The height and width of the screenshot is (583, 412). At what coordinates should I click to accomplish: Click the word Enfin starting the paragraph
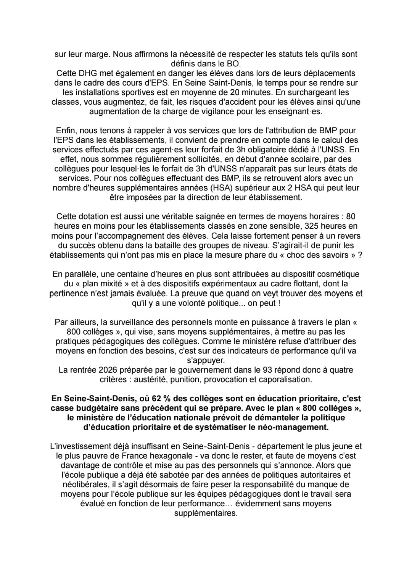pos(66,131)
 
